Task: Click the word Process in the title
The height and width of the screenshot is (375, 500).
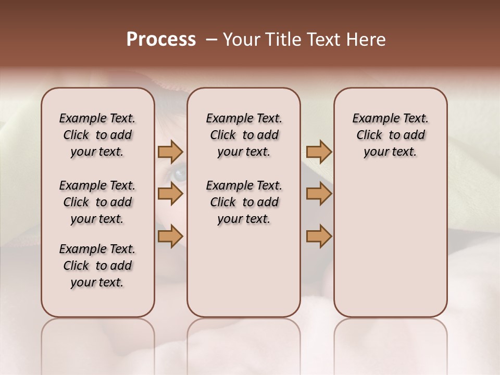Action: pyautogui.click(x=161, y=40)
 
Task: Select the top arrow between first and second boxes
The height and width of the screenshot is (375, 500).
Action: pyautogui.click(x=170, y=152)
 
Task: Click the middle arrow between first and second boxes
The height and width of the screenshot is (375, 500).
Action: pyautogui.click(x=170, y=194)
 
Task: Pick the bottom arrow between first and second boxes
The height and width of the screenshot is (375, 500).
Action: pyautogui.click(x=170, y=236)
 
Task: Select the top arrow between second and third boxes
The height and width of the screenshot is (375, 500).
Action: pyautogui.click(x=319, y=152)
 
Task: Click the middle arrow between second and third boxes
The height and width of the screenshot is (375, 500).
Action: pyautogui.click(x=319, y=194)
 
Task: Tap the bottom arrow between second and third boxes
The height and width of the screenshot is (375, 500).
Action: pyautogui.click(x=319, y=236)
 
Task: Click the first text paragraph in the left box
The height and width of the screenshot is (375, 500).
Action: pyautogui.click(x=97, y=135)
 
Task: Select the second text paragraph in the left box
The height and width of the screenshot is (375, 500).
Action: pyautogui.click(x=97, y=202)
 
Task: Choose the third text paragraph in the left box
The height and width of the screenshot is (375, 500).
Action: pyautogui.click(x=97, y=266)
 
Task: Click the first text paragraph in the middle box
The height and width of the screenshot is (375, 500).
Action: pyautogui.click(x=244, y=135)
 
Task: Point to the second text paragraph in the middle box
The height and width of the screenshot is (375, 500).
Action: pyautogui.click(x=244, y=202)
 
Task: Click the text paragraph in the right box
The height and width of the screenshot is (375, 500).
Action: pyautogui.click(x=391, y=135)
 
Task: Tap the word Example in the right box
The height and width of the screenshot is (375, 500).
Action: pyautogui.click(x=371, y=119)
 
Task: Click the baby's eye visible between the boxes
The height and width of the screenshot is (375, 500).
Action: pyautogui.click(x=179, y=173)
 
